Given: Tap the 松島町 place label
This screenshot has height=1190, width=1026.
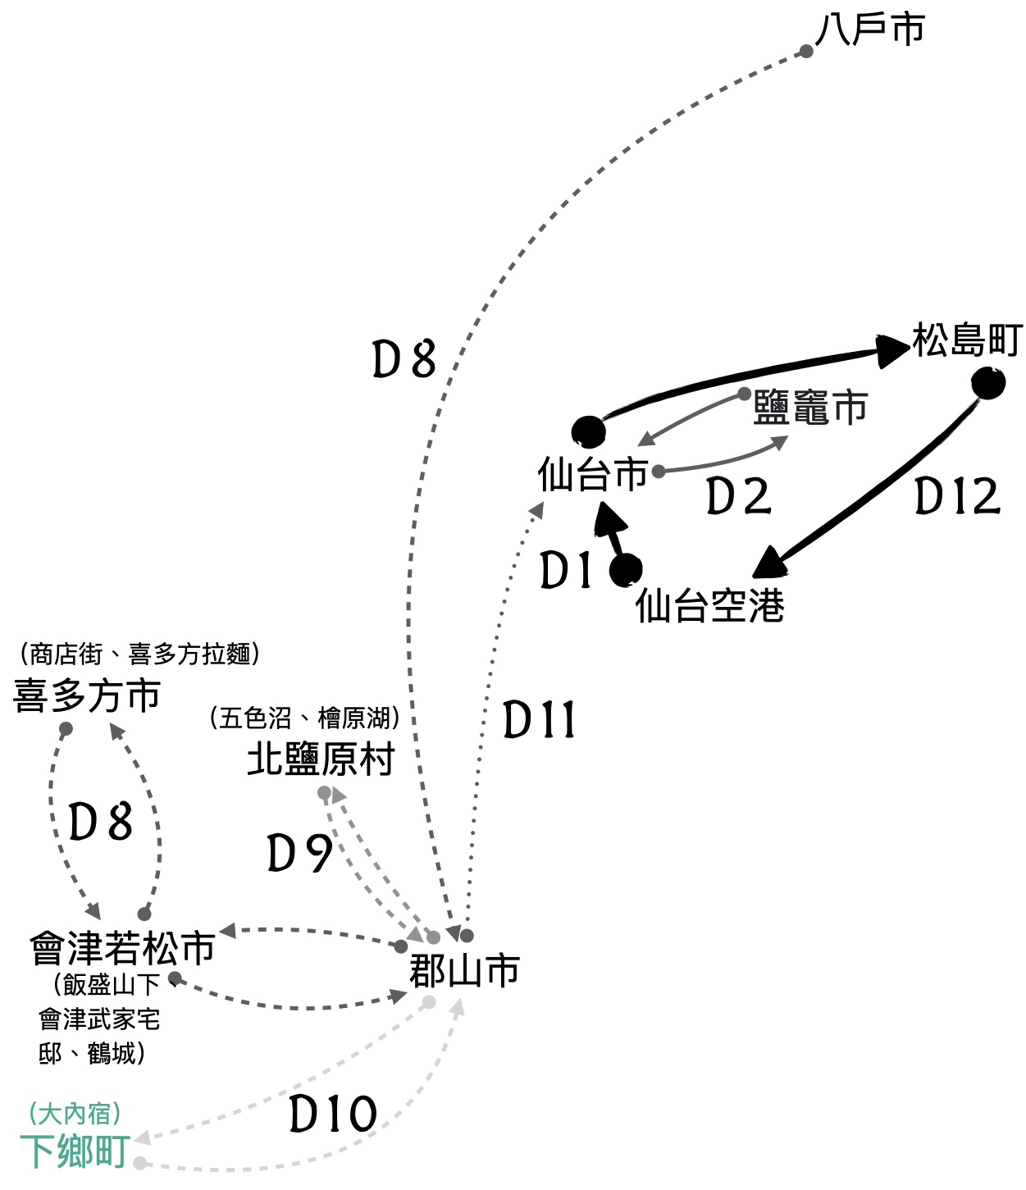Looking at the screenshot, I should click(x=968, y=340).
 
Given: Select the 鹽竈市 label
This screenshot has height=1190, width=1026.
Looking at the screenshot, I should click(x=810, y=408).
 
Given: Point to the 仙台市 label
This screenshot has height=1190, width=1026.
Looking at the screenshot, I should click(x=593, y=473).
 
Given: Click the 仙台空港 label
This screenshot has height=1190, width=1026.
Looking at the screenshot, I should click(x=710, y=605).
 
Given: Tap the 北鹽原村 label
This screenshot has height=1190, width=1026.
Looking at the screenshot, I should click(x=321, y=759).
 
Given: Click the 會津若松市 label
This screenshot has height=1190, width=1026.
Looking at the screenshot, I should click(x=122, y=948).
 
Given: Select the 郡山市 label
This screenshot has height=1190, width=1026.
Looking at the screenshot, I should click(x=464, y=971).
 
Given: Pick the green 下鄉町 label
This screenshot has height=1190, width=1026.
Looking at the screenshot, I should click(x=75, y=1151).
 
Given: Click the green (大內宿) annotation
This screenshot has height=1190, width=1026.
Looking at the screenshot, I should click(x=75, y=1113).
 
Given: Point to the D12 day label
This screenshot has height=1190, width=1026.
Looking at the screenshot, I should click(x=957, y=496).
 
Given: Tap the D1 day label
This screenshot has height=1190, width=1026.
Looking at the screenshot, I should click(x=566, y=571).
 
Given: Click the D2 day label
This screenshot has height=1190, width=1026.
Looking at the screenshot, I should click(x=739, y=496).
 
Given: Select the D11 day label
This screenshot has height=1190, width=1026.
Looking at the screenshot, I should click(x=539, y=721).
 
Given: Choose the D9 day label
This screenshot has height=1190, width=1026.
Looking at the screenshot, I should click(x=300, y=853).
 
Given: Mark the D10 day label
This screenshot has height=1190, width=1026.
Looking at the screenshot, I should click(x=333, y=1114).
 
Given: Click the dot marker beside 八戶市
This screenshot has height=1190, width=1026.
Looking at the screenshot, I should click(x=806, y=52).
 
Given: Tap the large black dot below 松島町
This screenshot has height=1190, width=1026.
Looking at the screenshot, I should click(x=988, y=383).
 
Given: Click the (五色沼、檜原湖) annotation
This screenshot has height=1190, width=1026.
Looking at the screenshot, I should click(x=305, y=718).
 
